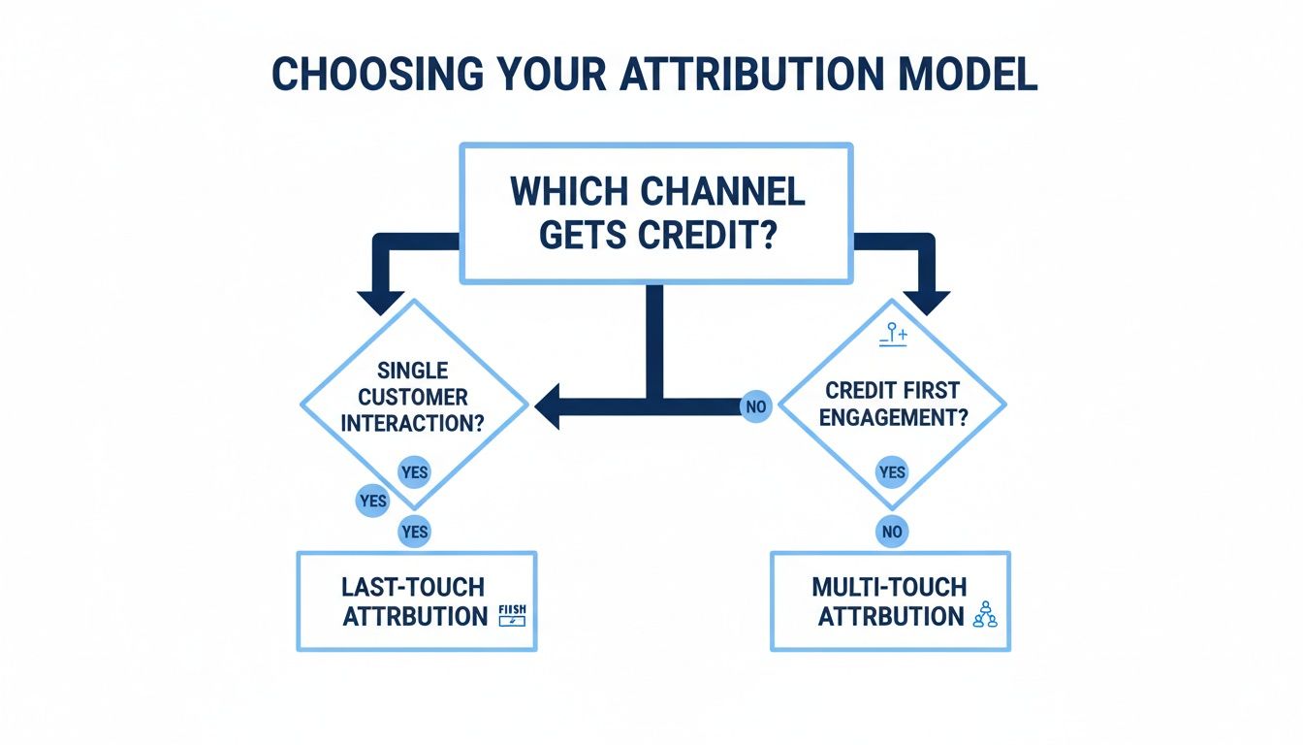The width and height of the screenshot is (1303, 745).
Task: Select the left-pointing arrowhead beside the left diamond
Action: tap(549, 405)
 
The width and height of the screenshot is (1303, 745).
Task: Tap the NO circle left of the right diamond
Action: tap(755, 406)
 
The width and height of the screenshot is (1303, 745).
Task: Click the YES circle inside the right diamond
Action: tap(892, 472)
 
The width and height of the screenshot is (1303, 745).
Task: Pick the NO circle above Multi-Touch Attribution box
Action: tap(892, 532)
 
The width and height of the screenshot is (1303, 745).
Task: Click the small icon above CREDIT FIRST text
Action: tap(892, 336)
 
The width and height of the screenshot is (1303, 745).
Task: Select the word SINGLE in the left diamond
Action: tap(414, 371)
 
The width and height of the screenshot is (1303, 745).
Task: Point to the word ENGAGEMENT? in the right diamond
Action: tap(893, 417)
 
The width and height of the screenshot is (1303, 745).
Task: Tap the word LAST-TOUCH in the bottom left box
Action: tap(413, 587)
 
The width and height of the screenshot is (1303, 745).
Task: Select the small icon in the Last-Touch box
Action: tap(510, 615)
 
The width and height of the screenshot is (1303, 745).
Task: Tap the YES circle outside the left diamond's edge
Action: tap(372, 502)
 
